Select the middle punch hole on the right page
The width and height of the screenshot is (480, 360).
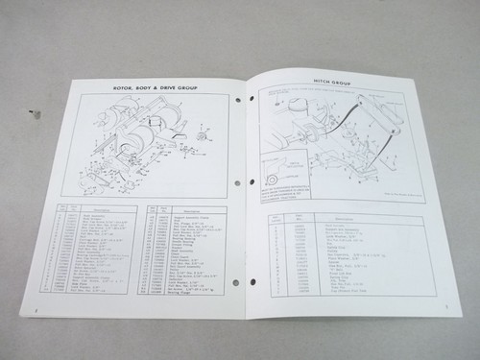(x=252, y=182)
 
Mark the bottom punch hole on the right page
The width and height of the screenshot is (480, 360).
(x=252, y=282)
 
